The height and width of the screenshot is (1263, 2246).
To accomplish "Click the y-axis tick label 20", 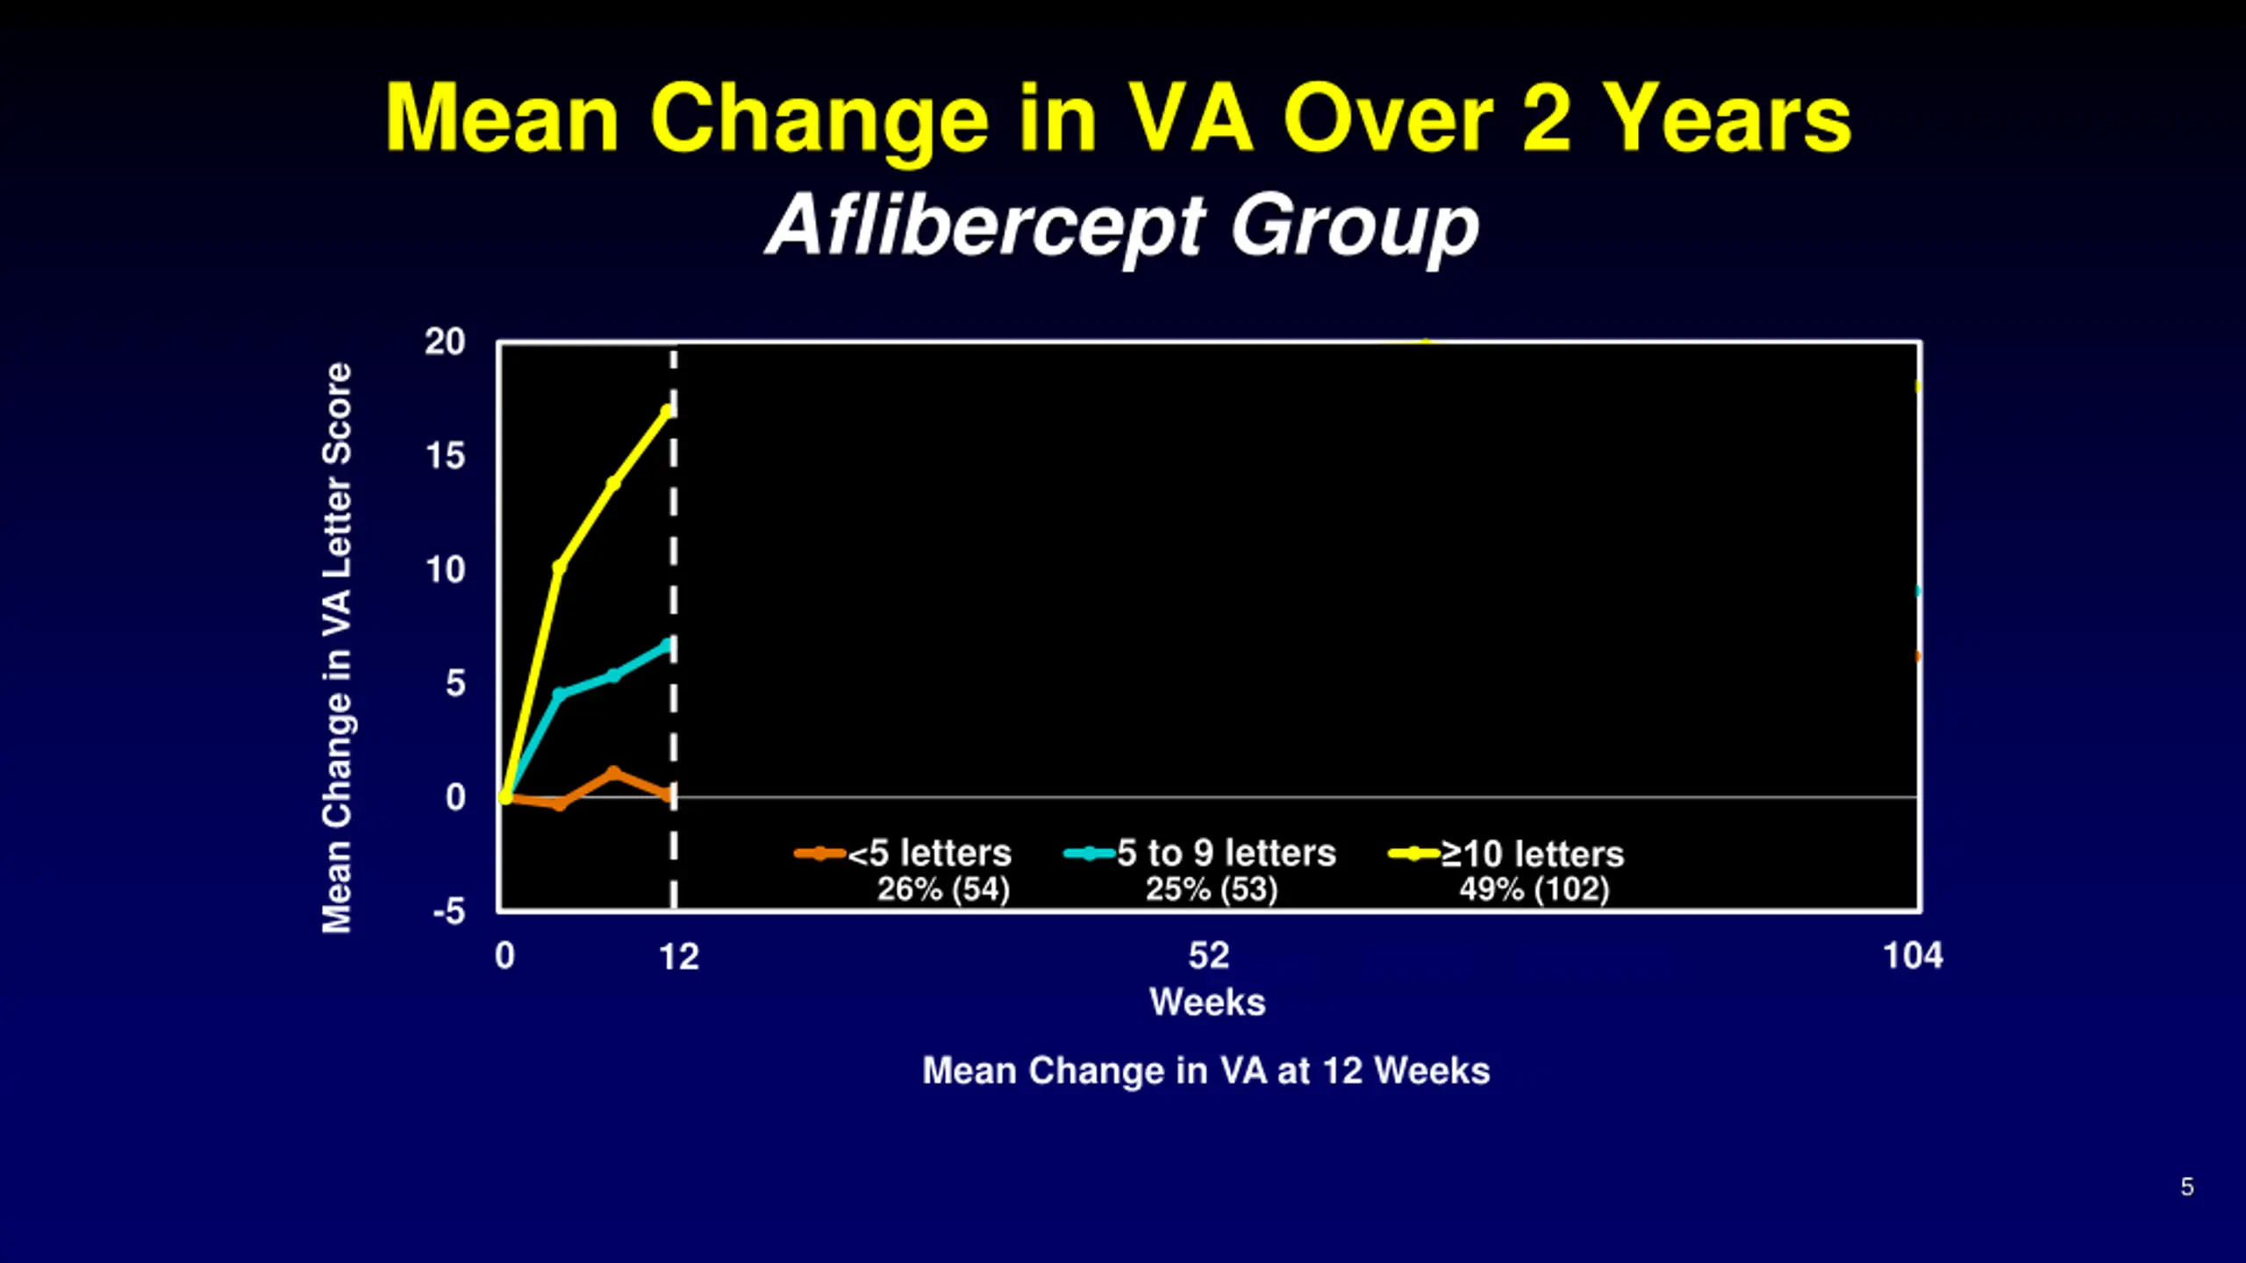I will point(445,342).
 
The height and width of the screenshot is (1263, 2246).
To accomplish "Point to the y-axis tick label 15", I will point(445,456).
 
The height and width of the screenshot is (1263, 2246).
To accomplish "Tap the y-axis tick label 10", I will point(445,570).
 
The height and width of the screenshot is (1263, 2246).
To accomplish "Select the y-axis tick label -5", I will point(448,912).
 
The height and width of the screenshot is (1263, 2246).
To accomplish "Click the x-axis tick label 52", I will point(1208,956).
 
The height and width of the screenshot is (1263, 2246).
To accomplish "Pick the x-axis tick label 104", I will point(1913,956).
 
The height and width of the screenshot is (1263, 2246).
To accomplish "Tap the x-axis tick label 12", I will point(679,957).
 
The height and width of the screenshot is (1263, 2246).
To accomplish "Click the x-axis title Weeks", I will point(1207,1003).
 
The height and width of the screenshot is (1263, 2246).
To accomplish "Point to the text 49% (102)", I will point(1534,889).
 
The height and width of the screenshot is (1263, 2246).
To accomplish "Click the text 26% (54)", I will point(943,889).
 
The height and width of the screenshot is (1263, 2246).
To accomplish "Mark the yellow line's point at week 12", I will point(668,410).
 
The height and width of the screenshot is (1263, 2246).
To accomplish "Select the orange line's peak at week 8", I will point(613,773).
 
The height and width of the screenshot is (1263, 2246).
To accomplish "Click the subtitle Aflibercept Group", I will point(1122,226).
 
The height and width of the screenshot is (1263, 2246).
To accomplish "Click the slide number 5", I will point(2186,1187).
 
